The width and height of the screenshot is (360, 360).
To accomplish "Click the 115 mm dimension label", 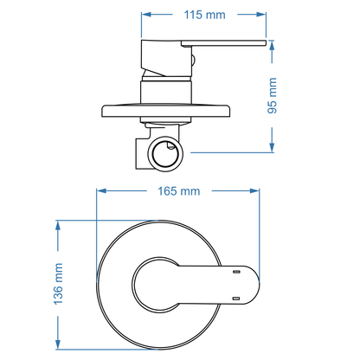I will point(203,15).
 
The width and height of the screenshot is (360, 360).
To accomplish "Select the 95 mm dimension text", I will point(274,95).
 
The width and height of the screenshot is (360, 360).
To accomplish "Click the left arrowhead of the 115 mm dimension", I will point(146,15).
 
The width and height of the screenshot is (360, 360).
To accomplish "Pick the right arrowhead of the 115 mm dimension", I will point(260,15).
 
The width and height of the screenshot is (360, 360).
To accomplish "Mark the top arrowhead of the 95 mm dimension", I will point(274,43).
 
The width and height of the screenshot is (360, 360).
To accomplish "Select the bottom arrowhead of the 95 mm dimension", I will point(274,148).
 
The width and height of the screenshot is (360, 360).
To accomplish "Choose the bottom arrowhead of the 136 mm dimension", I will point(59,338).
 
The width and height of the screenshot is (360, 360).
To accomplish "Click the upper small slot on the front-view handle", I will point(235,271).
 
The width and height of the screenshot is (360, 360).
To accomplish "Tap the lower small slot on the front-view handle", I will point(235,297).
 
